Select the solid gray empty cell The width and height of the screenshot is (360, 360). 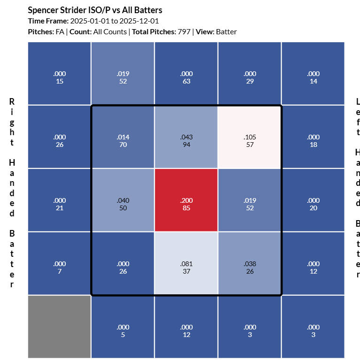(59, 327)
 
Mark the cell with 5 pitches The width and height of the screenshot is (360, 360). (123, 327)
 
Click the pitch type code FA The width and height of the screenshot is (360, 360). (60, 32)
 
